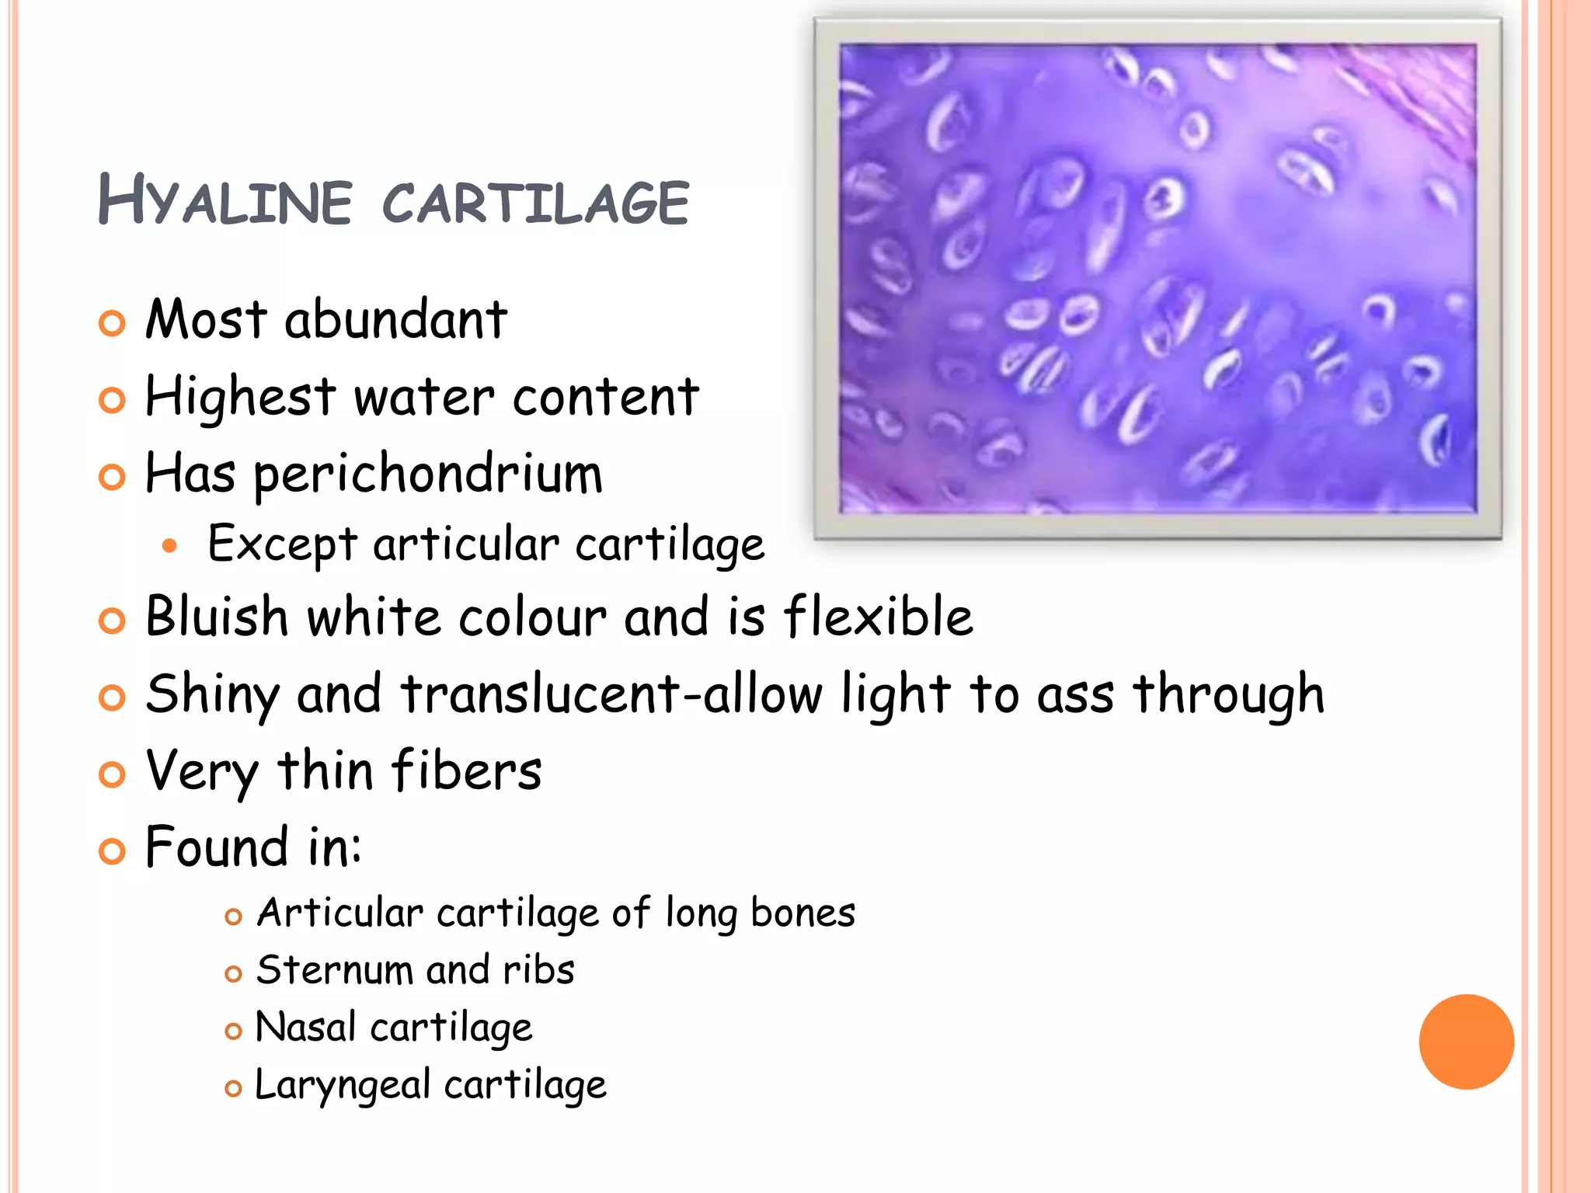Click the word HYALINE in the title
225,201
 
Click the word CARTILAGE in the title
535,203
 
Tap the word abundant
395,319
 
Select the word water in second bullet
423,397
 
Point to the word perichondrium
428,475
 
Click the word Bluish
217,617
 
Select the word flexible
878,617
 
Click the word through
1228,694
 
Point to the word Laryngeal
342,1085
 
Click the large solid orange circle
1466,1042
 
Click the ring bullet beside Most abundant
112,323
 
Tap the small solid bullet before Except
170,546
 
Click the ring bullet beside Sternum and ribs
233,974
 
